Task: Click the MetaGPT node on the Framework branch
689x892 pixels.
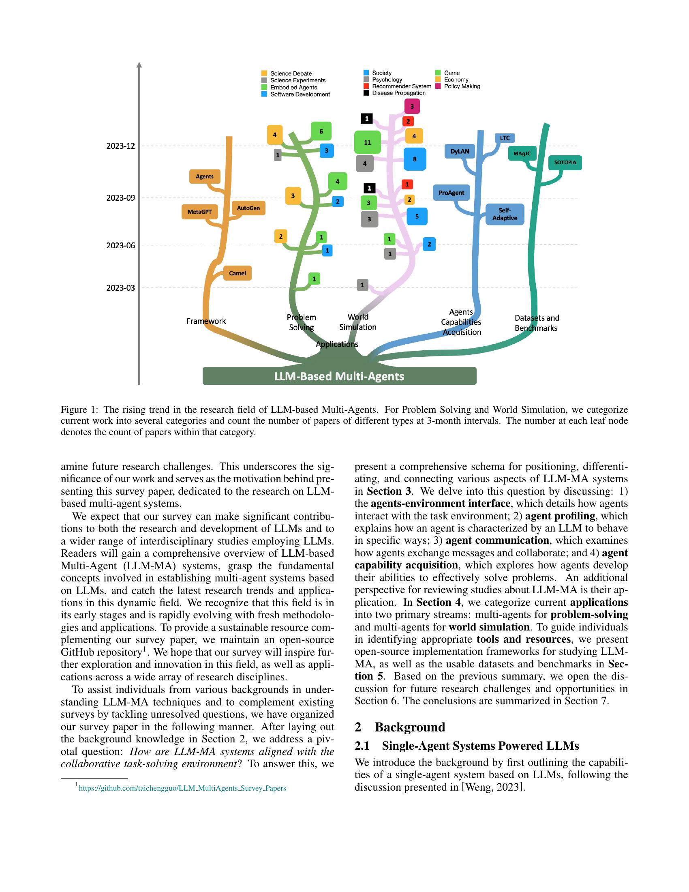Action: pos(199,212)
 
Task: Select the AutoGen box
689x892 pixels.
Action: pos(248,208)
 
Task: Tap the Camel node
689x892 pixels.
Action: pos(237,273)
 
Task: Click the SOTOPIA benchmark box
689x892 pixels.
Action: pos(565,162)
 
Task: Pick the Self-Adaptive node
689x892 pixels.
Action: pos(505,214)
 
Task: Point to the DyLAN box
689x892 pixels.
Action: pos(460,151)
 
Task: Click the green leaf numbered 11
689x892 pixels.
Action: pos(367,142)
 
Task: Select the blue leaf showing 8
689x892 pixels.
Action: pos(415,159)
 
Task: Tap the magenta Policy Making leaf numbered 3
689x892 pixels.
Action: pos(412,107)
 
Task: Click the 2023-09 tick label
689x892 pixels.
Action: pos(120,198)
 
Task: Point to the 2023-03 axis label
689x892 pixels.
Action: pos(120,287)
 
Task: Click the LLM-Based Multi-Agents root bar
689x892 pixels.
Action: pos(339,376)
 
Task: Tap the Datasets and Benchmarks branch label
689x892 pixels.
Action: pos(536,323)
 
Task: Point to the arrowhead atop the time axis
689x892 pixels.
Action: pos(139,64)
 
